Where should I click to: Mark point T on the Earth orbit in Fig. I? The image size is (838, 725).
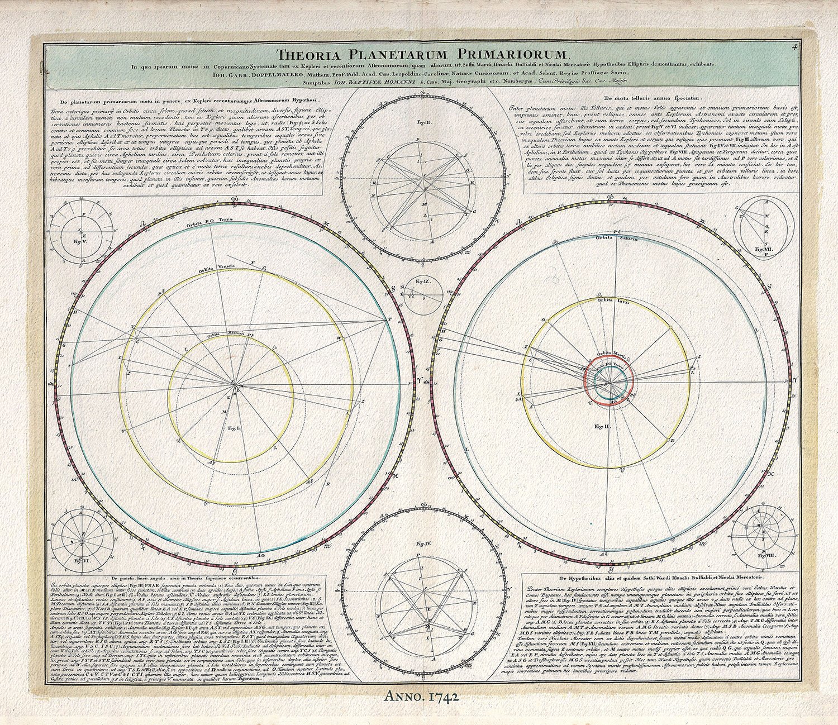pos(389,319)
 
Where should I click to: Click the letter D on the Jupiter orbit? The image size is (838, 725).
pos(674,441)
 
